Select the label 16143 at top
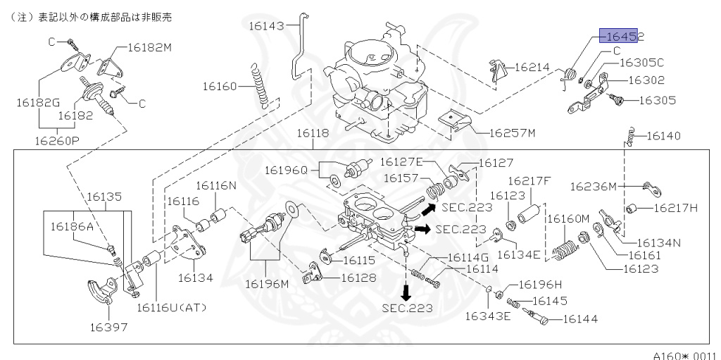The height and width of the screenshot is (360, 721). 265,26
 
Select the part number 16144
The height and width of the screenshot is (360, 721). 579,319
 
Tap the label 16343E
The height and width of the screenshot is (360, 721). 488,316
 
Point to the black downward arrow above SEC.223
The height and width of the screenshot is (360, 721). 406,290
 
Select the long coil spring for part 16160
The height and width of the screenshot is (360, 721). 262,84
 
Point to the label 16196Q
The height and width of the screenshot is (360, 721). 287,170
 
